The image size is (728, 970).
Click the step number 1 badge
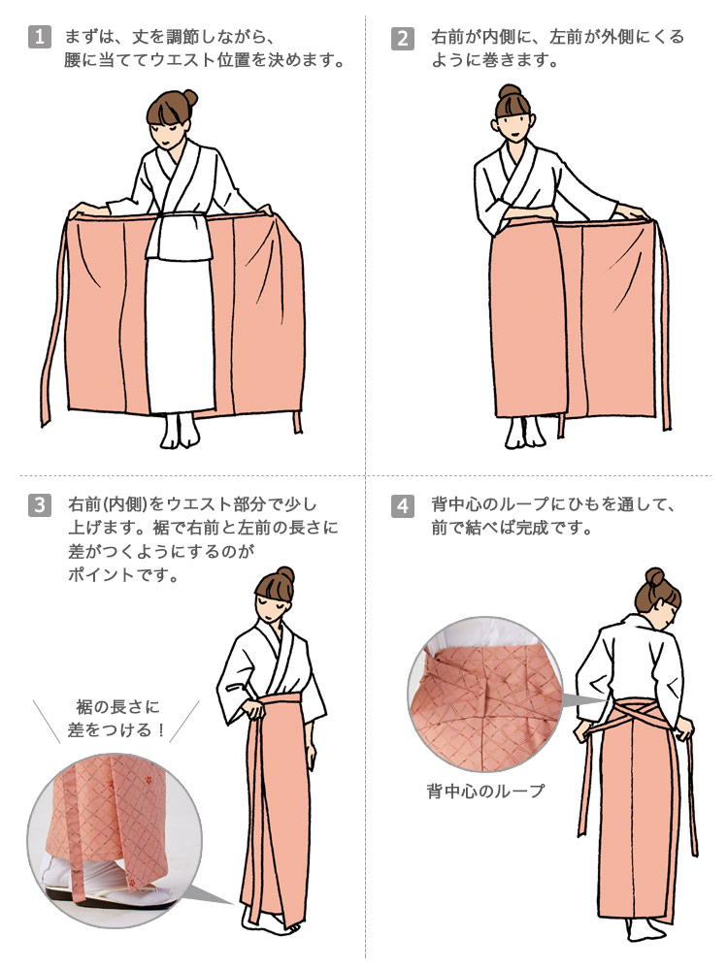[x=39, y=39]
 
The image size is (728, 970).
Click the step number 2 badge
[x=402, y=39]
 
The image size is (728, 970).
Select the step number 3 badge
[x=39, y=505]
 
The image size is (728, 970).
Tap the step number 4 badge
[x=402, y=505]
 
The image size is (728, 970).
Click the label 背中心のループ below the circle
[x=485, y=792]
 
